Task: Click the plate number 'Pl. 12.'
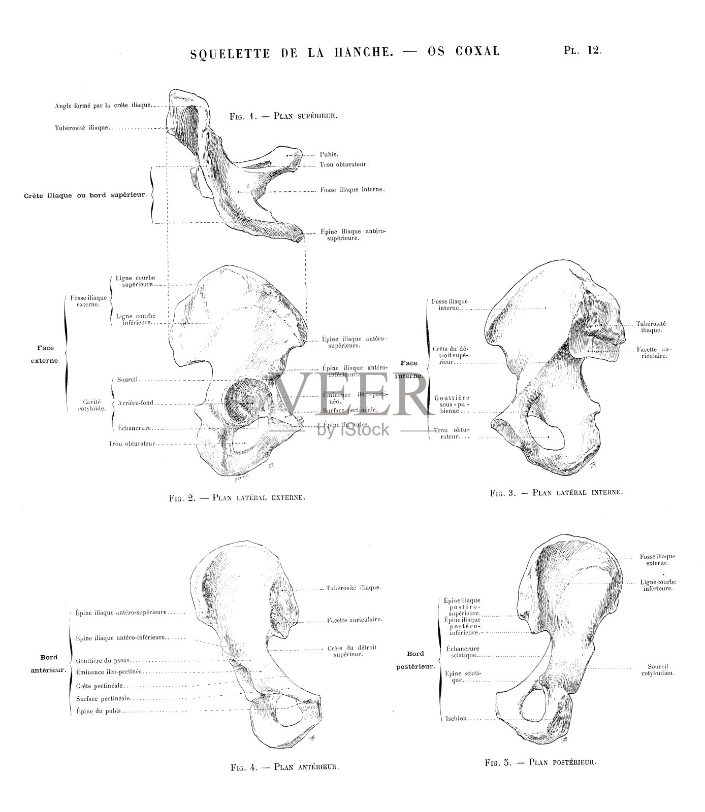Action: [x=582, y=50]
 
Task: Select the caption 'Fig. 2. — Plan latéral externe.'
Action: [x=237, y=497]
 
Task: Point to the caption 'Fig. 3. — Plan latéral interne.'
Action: [x=556, y=492]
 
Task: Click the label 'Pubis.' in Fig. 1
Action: [x=329, y=154]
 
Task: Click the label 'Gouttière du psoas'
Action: [x=103, y=661]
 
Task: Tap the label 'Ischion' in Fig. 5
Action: [x=457, y=718]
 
